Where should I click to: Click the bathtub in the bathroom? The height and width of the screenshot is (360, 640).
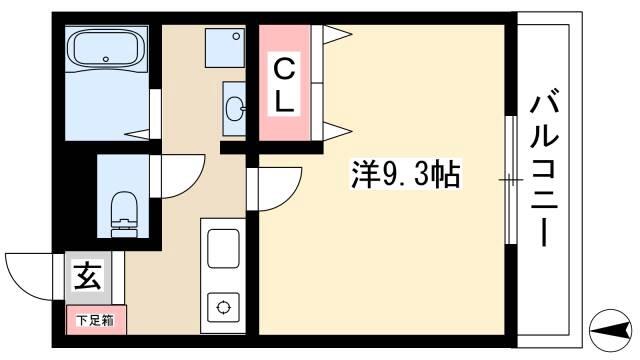pyautogui.click(x=106, y=49)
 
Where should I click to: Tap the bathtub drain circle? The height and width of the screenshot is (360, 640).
pyautogui.click(x=106, y=59)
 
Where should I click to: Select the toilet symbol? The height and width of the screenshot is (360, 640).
pyautogui.click(x=124, y=214)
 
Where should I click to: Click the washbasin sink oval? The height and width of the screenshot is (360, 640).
pyautogui.click(x=234, y=109)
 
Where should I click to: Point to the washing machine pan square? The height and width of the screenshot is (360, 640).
pyautogui.click(x=225, y=47)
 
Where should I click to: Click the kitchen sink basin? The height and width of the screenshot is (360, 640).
pyautogui.click(x=223, y=248)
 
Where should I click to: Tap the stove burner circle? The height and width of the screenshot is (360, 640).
pyautogui.click(x=223, y=307)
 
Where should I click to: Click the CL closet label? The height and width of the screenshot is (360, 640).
pyautogui.click(x=284, y=85)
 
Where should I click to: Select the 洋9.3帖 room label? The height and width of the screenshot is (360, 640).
pyautogui.click(x=406, y=175)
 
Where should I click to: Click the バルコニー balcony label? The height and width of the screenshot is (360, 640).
pyautogui.click(x=544, y=168)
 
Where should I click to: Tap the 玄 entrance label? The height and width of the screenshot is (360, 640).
pyautogui.click(x=88, y=276)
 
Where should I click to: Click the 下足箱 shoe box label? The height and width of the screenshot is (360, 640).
pyautogui.click(x=96, y=320)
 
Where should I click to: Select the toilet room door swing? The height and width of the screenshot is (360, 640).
pyautogui.click(x=191, y=185)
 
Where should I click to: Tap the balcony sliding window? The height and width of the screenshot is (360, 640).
pyautogui.click(x=511, y=180)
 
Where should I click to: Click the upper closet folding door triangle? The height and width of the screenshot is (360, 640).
pyautogui.click(x=338, y=34)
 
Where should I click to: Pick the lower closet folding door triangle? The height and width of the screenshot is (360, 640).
pyautogui.click(x=338, y=131)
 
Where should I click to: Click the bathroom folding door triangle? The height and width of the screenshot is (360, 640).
pyautogui.click(x=137, y=134)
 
